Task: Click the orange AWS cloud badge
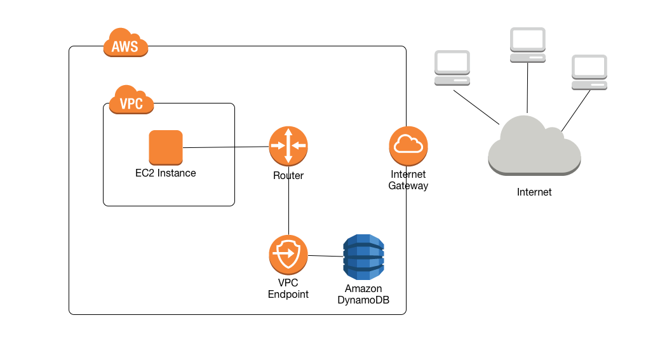pyautogui.click(x=126, y=44)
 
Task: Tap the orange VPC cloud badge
pyautogui.click(x=131, y=100)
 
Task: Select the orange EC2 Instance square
pyautogui.click(x=166, y=147)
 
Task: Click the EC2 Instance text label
pyautogui.click(x=166, y=173)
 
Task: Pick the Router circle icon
pyautogui.click(x=288, y=146)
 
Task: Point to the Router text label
pyautogui.click(x=288, y=176)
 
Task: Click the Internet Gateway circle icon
pyautogui.click(x=408, y=145)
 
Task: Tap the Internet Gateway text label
pyautogui.click(x=408, y=180)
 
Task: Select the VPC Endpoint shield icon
pyautogui.click(x=288, y=255)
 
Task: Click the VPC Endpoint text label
pyautogui.click(x=288, y=288)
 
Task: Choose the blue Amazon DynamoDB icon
pyautogui.click(x=364, y=257)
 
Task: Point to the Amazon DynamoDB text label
pyautogui.click(x=363, y=294)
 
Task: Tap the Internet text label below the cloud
pyautogui.click(x=534, y=192)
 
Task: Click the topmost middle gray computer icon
pyautogui.click(x=528, y=45)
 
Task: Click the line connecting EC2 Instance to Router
pyautogui.click(x=226, y=147)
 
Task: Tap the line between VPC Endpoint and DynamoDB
pyautogui.click(x=325, y=256)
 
